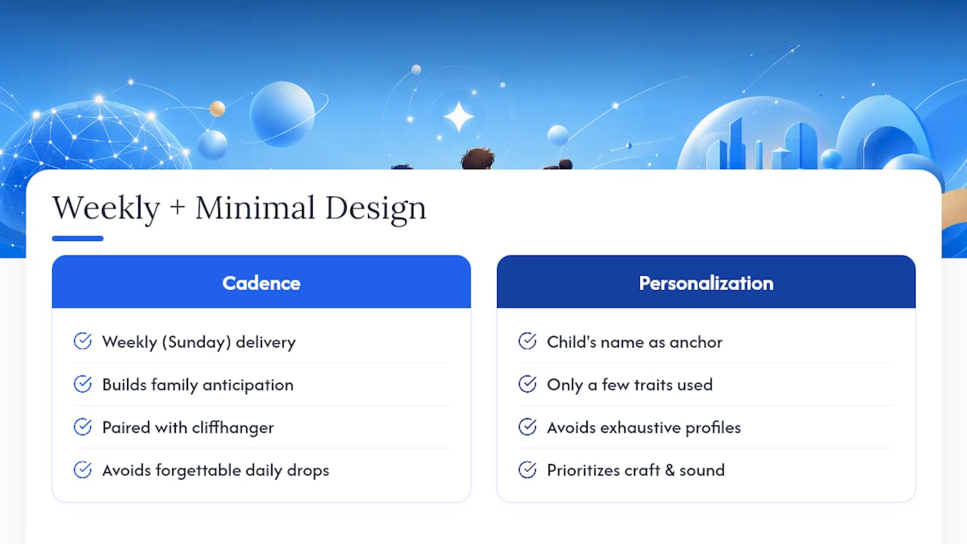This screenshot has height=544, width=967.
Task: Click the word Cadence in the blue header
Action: coord(261,283)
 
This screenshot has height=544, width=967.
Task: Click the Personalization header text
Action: coord(706,283)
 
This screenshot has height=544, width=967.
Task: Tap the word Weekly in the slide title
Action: coord(107,208)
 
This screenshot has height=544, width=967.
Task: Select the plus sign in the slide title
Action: coord(178,208)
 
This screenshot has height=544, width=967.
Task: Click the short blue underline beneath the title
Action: coord(78,238)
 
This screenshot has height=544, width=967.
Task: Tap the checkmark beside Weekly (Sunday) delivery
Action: coord(82,341)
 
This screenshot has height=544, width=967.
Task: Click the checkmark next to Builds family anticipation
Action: coord(82,384)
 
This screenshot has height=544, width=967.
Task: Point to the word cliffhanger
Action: coord(233,428)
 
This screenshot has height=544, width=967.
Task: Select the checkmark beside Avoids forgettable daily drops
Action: coord(82,470)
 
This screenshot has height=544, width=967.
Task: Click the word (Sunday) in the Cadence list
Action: coord(196,342)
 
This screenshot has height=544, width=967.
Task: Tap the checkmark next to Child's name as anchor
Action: coord(527,341)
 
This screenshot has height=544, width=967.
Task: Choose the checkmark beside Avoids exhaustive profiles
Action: coord(527,427)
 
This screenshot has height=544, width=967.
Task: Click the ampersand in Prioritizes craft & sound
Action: coord(670,470)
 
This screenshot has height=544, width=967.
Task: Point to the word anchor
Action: coord(696,342)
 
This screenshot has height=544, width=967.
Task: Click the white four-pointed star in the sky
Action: coord(459,116)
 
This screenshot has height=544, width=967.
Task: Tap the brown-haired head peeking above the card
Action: coord(477,159)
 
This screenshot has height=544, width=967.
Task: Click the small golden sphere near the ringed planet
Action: coord(217,108)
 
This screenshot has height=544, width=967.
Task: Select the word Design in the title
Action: coord(375,209)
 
